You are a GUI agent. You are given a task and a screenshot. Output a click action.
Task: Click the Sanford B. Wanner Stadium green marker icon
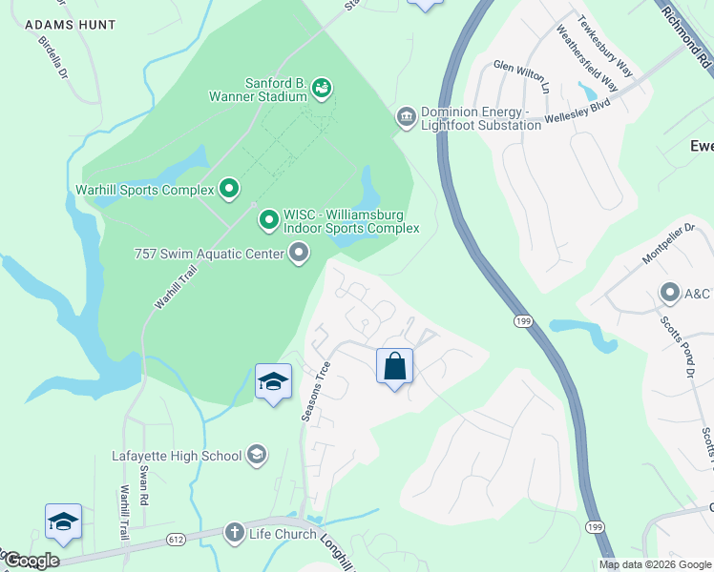tap(322, 89)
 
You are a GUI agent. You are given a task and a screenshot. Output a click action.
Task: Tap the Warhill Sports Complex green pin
tap(229, 190)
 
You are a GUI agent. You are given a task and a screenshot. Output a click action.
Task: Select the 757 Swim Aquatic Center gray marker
tap(299, 254)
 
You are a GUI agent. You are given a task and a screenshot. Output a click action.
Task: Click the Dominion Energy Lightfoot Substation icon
tap(406, 116)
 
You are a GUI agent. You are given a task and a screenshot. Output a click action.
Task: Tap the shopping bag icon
tap(394, 366)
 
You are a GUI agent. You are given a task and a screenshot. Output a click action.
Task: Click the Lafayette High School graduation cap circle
tap(256, 456)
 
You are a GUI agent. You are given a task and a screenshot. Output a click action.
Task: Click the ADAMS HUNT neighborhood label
tap(71, 24)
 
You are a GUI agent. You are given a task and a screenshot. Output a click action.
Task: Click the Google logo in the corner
tap(31, 561)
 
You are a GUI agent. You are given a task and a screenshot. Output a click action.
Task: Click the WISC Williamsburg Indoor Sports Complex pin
tap(269, 221)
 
